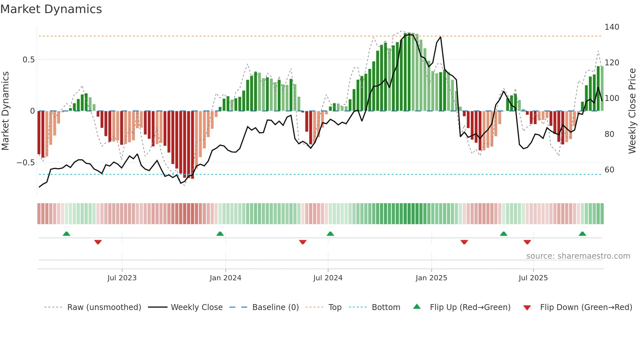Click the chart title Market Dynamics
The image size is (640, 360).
[x=51, y=9]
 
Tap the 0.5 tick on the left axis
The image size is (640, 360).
[x=28, y=60]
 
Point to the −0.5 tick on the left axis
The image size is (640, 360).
[x=26, y=163]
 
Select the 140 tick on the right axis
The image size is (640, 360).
[x=612, y=27]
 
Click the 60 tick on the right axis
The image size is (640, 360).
[x=609, y=170]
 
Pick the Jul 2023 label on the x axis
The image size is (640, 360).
[x=122, y=278]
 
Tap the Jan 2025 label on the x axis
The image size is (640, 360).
[x=431, y=278]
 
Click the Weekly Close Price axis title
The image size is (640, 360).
[x=632, y=111]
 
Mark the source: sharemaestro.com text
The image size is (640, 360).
[x=578, y=256]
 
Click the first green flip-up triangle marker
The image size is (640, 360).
[x=66, y=234]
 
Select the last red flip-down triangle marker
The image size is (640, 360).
[x=527, y=242]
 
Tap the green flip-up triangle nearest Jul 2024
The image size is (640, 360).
[x=330, y=234]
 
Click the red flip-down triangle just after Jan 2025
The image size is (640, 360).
[x=464, y=242]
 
